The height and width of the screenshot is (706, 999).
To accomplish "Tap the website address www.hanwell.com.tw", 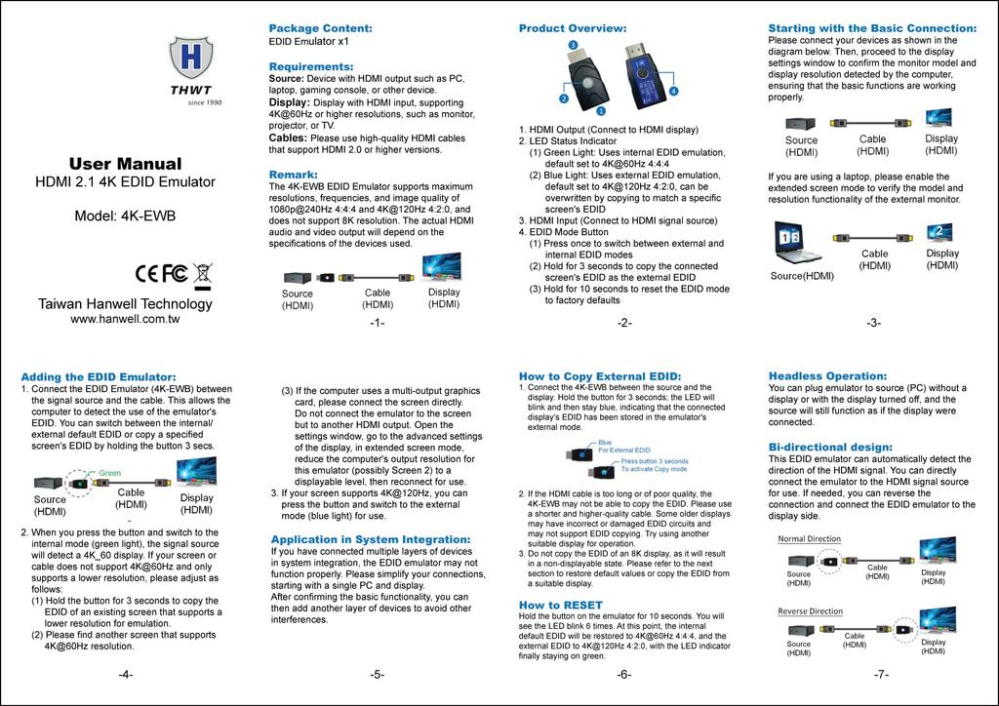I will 125,318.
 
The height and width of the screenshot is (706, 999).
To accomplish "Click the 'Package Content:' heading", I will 320,28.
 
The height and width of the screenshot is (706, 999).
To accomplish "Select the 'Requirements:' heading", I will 310,66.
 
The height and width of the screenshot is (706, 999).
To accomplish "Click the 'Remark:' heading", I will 293,175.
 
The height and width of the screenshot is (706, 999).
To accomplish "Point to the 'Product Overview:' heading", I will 572,28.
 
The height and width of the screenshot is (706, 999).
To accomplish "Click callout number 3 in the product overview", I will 573,46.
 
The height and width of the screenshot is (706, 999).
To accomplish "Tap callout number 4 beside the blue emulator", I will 673,91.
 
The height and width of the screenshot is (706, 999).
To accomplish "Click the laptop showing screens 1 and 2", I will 797,243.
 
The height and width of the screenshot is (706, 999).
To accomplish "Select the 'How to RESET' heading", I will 560,605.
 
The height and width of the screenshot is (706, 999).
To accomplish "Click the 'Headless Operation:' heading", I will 827,375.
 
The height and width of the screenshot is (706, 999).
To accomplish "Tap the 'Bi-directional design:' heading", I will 830,447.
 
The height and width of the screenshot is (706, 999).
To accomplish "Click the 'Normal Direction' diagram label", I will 809,538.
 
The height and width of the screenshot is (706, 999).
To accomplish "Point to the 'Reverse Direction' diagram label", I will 810,611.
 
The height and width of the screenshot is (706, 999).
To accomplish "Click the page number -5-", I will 378,674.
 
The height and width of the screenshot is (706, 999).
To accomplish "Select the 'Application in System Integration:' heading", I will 370,539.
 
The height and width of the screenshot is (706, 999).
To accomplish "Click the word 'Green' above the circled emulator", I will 109,472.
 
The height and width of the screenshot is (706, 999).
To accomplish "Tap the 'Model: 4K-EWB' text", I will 125,216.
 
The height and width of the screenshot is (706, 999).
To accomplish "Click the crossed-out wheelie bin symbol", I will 203,274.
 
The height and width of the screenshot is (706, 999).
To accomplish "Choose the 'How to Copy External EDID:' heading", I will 599,375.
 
